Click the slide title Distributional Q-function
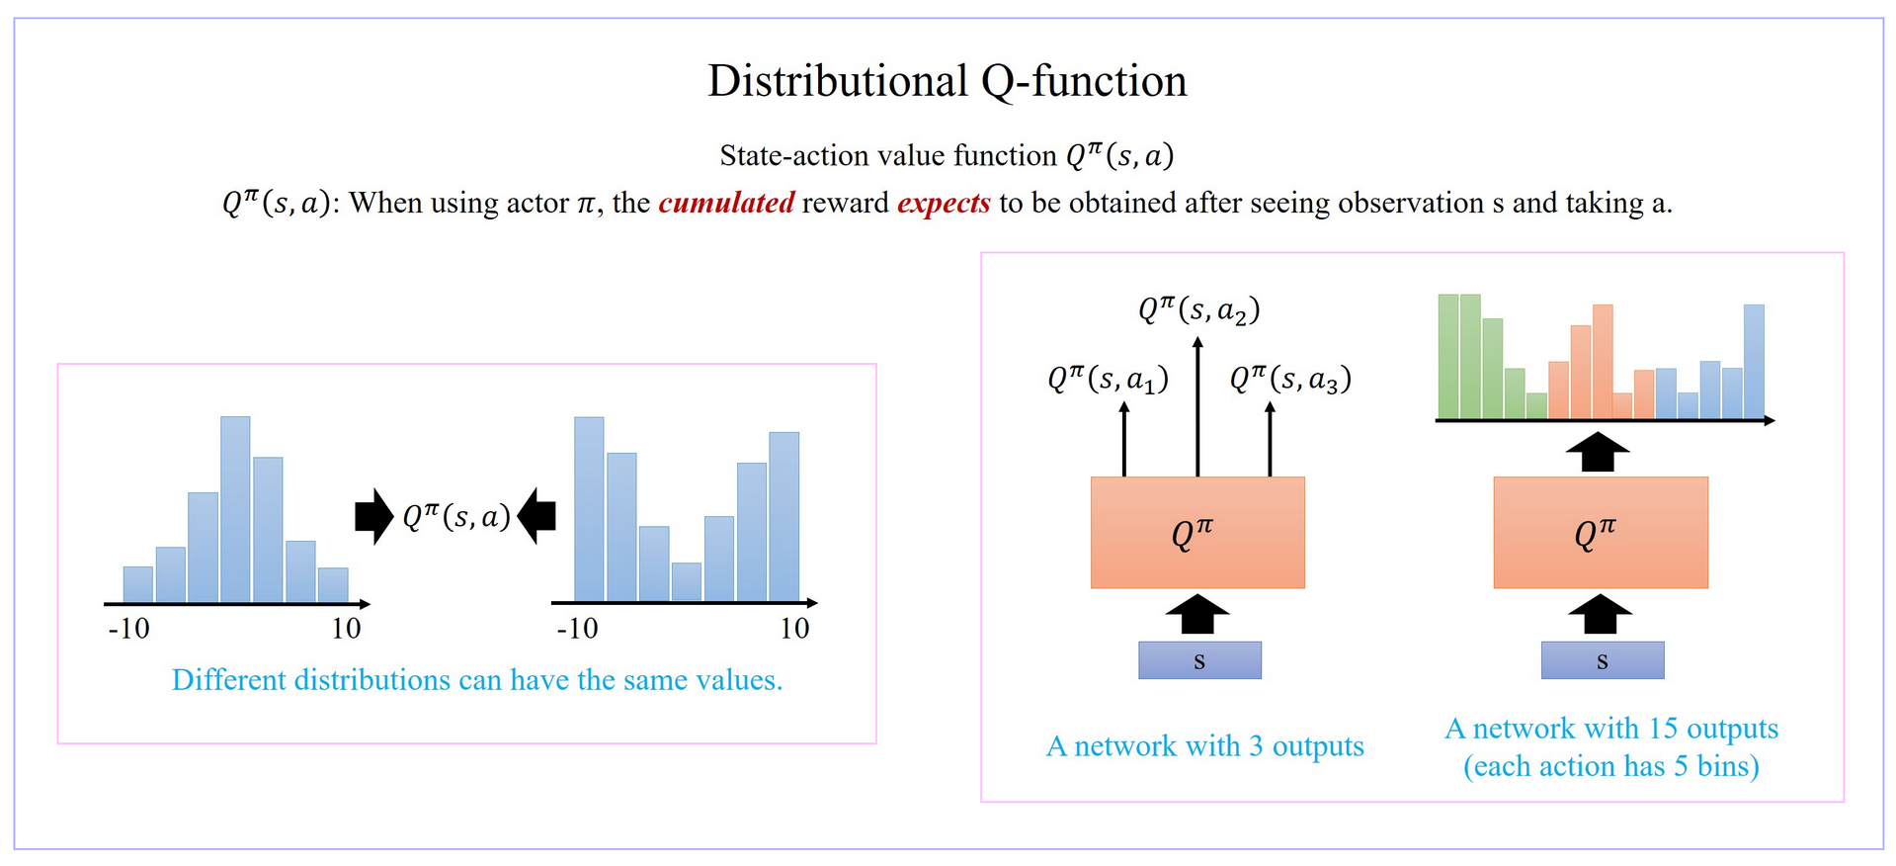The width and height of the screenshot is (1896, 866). tap(947, 81)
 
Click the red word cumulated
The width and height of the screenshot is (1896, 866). tap(726, 203)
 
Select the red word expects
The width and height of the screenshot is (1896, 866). tap(944, 203)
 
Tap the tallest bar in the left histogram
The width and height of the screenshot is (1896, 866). tap(235, 509)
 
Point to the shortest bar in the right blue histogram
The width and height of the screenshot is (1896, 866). tap(686, 581)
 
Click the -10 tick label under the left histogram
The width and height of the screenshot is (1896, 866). tap(128, 629)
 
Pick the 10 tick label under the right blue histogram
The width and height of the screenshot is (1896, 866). tap(794, 629)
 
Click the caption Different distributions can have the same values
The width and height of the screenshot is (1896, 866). tap(477, 680)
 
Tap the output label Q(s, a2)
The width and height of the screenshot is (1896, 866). tap(1198, 310)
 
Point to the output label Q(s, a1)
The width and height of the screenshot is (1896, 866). tap(1108, 379)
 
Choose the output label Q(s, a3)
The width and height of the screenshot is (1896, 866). tap(1289, 379)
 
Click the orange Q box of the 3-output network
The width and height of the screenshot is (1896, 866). tap(1197, 533)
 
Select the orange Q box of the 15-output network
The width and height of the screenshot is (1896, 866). tap(1600, 533)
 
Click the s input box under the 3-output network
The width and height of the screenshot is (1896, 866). tap(1199, 660)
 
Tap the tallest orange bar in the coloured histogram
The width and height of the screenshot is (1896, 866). tap(1603, 361)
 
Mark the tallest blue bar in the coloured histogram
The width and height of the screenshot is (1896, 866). tap(1754, 361)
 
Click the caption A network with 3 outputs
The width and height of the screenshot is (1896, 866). tap(1204, 746)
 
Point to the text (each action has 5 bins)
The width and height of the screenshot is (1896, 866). tap(1610, 766)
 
